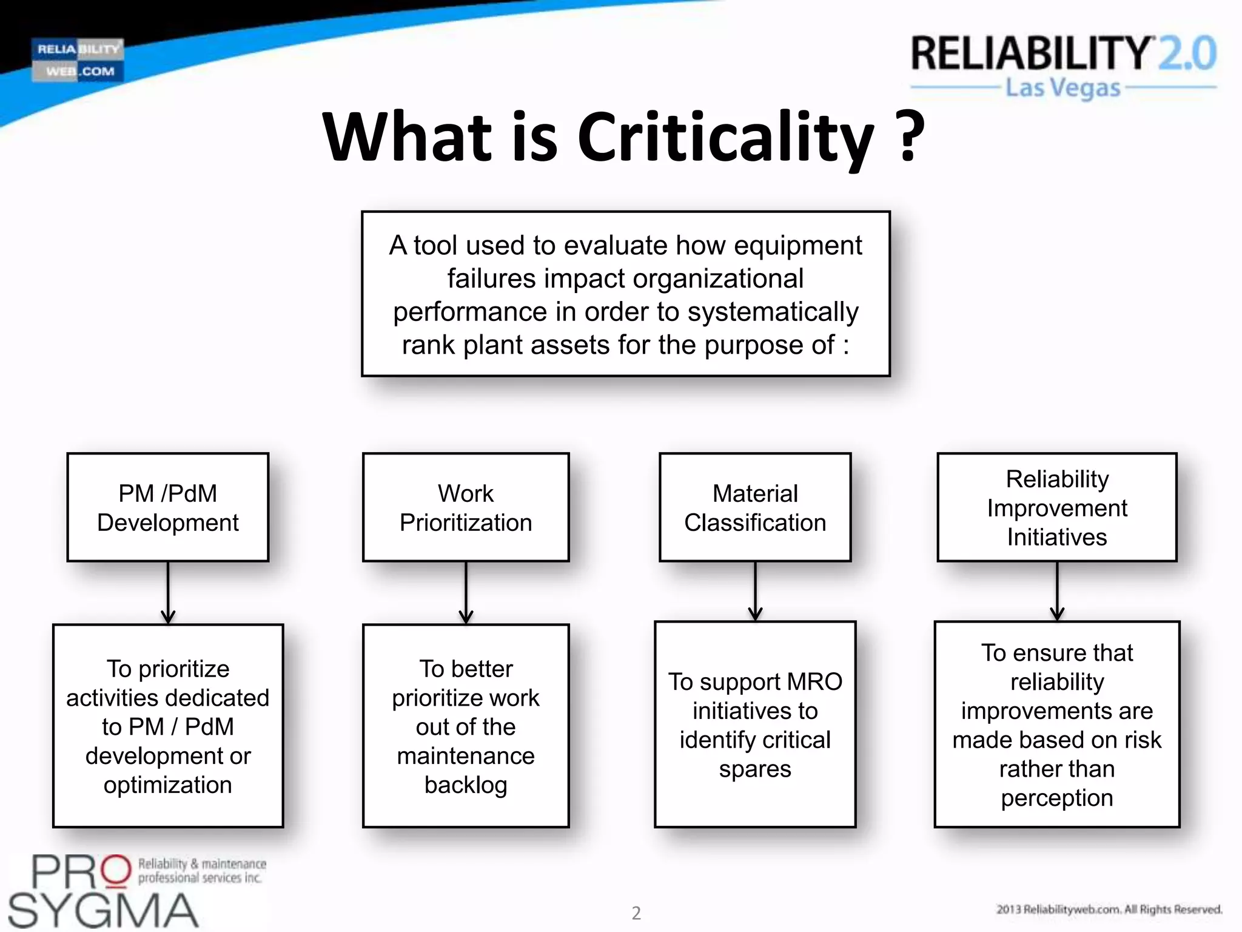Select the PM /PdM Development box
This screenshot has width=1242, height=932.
pyautogui.click(x=168, y=507)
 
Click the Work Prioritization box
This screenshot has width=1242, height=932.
pyautogui.click(x=466, y=507)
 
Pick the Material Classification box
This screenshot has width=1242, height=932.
pyautogui.click(x=755, y=507)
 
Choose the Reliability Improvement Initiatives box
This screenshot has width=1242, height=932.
pyautogui.click(x=1057, y=507)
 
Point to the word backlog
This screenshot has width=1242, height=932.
pyautogui.click(x=466, y=785)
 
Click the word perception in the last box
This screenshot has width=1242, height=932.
pyautogui.click(x=1057, y=798)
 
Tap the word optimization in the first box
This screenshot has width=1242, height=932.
pyautogui.click(x=168, y=785)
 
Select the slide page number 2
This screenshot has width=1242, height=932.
pyautogui.click(x=636, y=913)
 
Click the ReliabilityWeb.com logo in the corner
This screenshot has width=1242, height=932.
pyautogui.click(x=78, y=60)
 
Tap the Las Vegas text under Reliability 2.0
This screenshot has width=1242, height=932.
pyautogui.click(x=1063, y=88)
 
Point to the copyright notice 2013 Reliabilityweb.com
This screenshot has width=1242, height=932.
pyautogui.click(x=1109, y=909)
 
